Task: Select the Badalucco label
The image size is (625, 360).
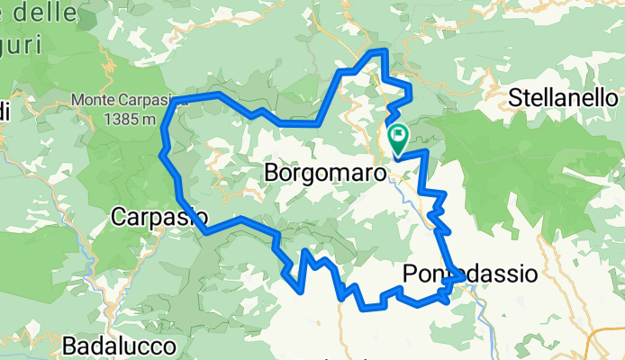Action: click(x=106, y=345)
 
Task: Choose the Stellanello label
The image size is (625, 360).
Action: click(x=561, y=97)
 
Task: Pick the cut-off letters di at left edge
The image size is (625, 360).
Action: click(x=5, y=112)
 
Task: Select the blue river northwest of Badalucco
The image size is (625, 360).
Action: click(x=90, y=261)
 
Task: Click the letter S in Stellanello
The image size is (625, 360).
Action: click(x=516, y=97)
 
